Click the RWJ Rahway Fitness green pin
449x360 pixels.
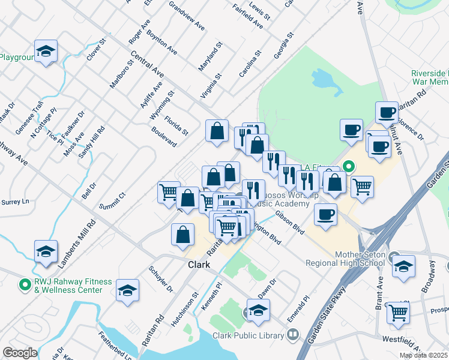(x=25, y=284)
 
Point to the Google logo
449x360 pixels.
(x=20, y=353)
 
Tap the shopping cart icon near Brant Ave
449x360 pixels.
(x=399, y=313)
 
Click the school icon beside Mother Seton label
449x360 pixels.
(x=403, y=266)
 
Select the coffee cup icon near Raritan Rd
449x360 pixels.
(x=387, y=112)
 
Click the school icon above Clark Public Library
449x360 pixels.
(x=258, y=310)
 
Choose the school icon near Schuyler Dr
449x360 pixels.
(x=127, y=292)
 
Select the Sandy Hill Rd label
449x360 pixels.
(x=92, y=141)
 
